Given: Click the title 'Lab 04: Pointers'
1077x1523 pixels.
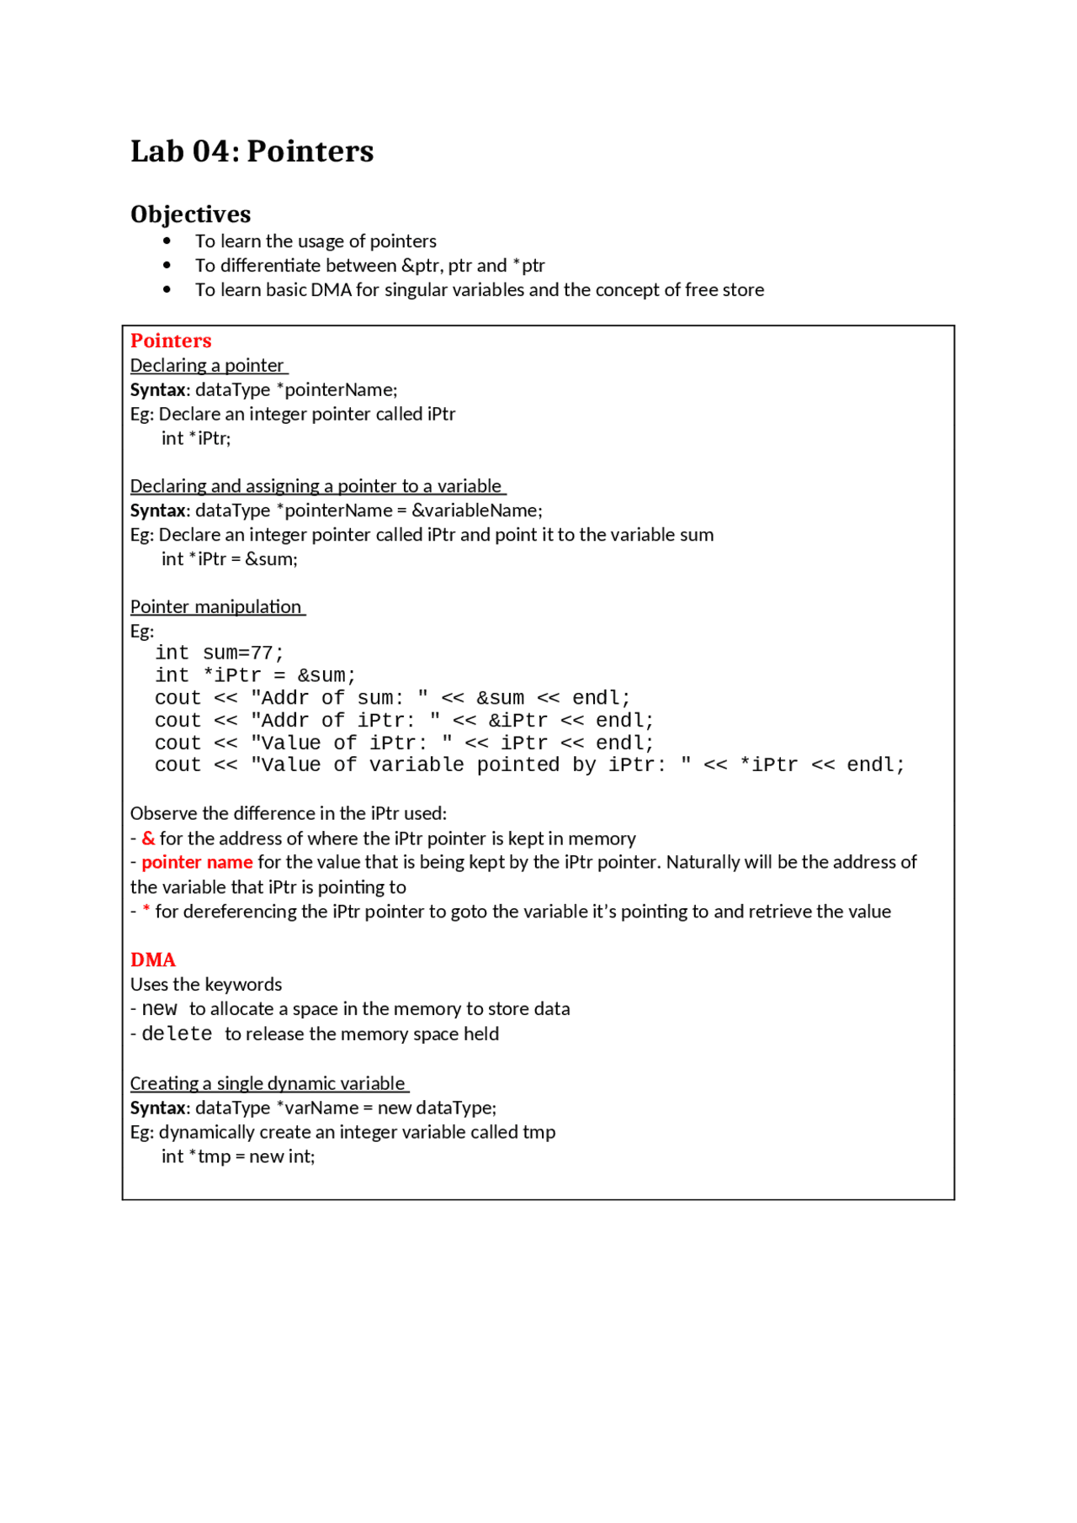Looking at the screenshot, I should [x=252, y=151].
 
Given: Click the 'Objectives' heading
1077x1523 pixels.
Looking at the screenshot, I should [x=190, y=214].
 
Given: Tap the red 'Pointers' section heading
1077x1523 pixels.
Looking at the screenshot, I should [x=171, y=341].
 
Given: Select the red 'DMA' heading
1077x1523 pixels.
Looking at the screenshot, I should [x=152, y=960].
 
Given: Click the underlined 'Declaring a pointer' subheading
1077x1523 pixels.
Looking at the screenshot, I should [x=207, y=365].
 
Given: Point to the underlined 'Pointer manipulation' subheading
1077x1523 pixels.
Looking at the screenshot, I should [x=216, y=606].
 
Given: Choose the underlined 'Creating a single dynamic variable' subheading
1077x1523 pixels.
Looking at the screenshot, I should [x=268, y=1083].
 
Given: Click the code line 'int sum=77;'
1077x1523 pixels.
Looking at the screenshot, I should [x=219, y=653].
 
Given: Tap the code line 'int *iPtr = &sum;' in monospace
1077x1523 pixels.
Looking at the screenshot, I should [x=255, y=675].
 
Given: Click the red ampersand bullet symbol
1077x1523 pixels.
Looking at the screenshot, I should [x=148, y=838].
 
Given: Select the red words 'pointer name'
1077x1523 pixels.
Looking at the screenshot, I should [x=197, y=862].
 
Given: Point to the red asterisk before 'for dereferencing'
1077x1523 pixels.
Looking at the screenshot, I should [x=146, y=911].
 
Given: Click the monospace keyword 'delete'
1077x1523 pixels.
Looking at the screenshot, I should [x=177, y=1034].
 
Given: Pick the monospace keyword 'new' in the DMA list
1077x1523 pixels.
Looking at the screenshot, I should [x=159, y=1008].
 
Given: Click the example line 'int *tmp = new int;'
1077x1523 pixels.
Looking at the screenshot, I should [x=238, y=1156].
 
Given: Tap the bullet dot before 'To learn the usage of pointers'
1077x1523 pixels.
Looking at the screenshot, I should [x=167, y=241].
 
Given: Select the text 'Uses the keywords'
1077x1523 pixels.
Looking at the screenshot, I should [x=206, y=984].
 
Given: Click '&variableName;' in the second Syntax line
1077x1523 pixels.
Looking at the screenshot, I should [x=477, y=510].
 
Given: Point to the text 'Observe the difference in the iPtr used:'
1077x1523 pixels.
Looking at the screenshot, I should [x=288, y=813].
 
